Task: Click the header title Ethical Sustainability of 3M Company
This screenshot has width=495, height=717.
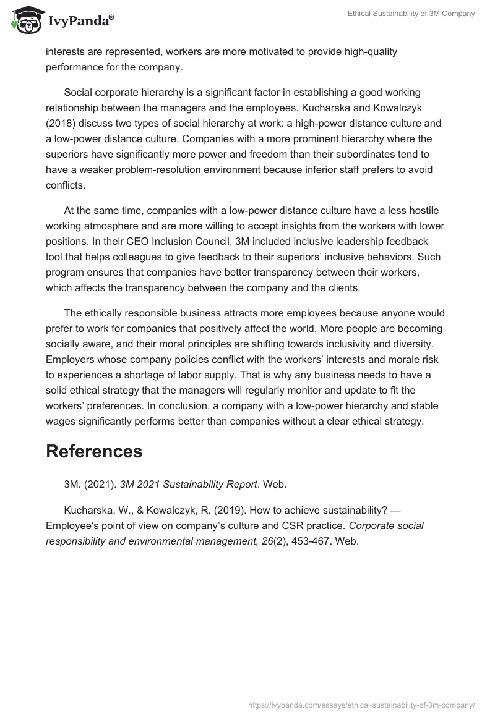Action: click(410, 14)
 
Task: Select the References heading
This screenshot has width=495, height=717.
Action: click(94, 451)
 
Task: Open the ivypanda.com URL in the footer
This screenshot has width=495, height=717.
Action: click(361, 704)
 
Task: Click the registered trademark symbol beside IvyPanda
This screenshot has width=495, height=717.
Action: click(111, 17)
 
